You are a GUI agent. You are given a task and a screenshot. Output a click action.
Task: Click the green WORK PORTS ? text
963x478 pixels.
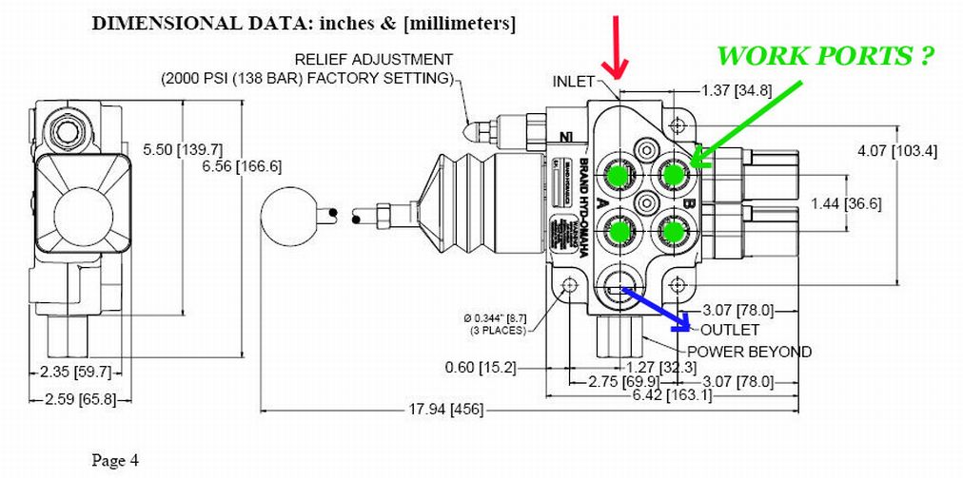[x=823, y=56]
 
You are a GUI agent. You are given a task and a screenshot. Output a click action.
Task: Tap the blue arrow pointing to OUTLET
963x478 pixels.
[x=656, y=305]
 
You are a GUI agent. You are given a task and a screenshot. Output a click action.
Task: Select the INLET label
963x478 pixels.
[x=574, y=82]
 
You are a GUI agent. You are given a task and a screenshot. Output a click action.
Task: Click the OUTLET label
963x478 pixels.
[x=730, y=330]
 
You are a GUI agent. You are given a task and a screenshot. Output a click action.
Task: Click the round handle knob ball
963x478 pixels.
[x=289, y=216]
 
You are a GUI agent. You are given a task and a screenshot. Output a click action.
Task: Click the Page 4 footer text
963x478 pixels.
[x=115, y=461]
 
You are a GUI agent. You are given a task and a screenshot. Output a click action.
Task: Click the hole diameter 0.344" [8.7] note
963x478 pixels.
[x=499, y=318]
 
